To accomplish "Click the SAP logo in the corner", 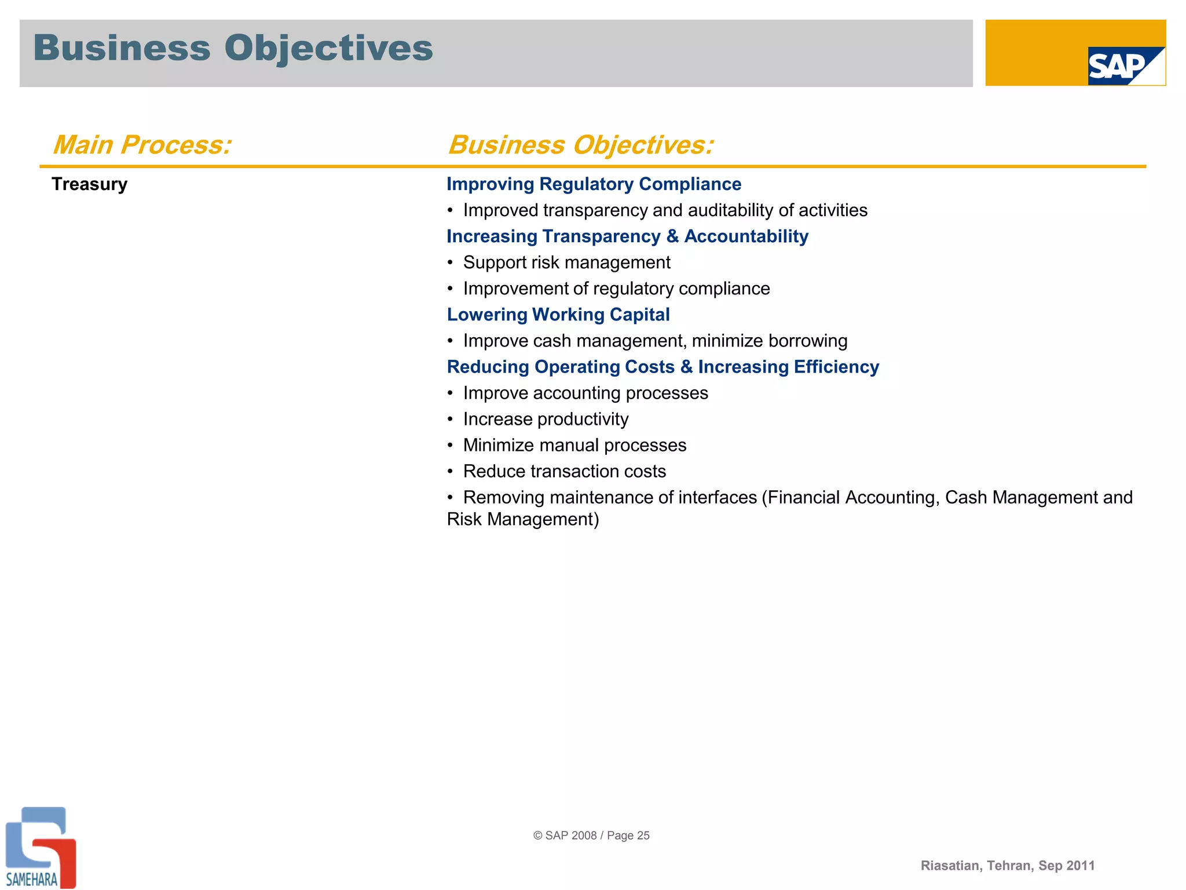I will coord(1125,66).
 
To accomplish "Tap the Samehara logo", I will coord(39,848).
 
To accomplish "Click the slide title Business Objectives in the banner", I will coord(233,48).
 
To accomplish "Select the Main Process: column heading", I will coord(142,145).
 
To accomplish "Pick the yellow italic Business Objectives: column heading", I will coord(581,145).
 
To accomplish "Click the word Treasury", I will coord(89,184).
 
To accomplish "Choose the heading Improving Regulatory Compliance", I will coord(594,184).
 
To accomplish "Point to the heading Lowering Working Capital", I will coord(558,315).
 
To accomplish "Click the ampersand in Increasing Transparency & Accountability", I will coord(672,236).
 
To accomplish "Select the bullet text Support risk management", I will coord(566,262).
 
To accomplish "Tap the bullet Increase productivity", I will coord(546,419).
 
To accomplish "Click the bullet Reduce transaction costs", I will coord(564,471).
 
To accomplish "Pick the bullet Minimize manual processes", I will coord(574,445).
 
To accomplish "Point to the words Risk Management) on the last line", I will coord(523,519).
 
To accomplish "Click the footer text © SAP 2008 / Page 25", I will coord(591,836).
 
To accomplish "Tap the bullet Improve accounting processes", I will coord(585,393).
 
